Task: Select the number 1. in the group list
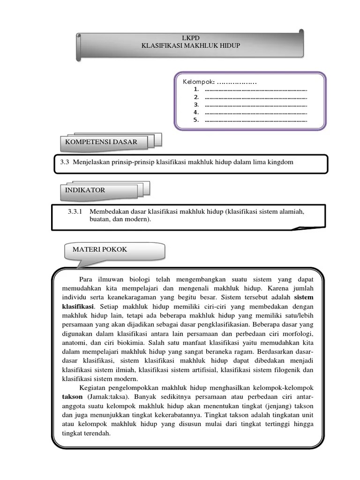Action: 196,89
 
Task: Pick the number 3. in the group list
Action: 196,105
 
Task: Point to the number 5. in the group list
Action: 196,120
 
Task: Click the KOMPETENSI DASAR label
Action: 101,142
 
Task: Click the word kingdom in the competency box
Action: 280,162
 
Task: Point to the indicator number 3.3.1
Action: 75,212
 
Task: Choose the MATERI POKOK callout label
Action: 100,249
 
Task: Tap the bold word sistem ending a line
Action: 303,298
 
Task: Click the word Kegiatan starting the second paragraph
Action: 94,389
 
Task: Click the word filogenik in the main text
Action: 290,370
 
